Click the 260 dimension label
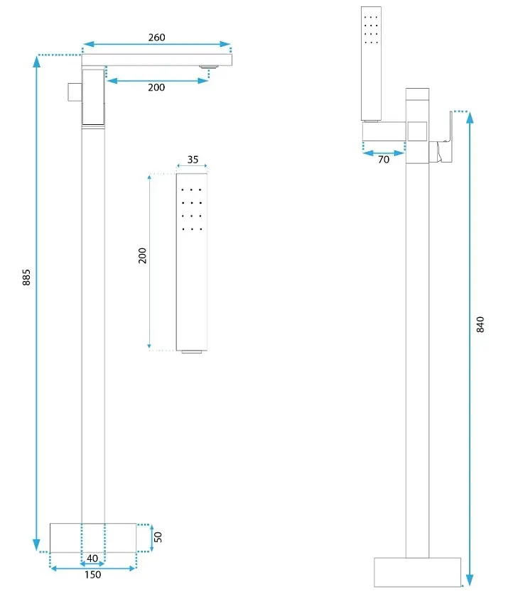click(x=156, y=37)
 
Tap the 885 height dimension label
click(x=26, y=277)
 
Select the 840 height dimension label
click(x=480, y=324)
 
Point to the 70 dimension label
click(x=384, y=160)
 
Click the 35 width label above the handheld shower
click(x=193, y=160)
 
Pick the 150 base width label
click(x=93, y=575)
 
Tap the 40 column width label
click(x=92, y=558)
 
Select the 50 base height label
click(x=158, y=537)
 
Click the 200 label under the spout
click(x=156, y=87)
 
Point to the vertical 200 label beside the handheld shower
click(x=142, y=255)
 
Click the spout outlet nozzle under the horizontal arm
click(x=209, y=67)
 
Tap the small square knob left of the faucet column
click(x=75, y=92)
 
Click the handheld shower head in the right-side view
click(x=371, y=64)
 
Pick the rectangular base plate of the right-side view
click(x=418, y=572)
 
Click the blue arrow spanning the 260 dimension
click(x=156, y=44)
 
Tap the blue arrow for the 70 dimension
click(x=384, y=153)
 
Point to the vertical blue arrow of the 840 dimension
click(x=470, y=349)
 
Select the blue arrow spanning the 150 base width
click(x=93, y=568)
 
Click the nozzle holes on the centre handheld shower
click(x=192, y=209)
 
